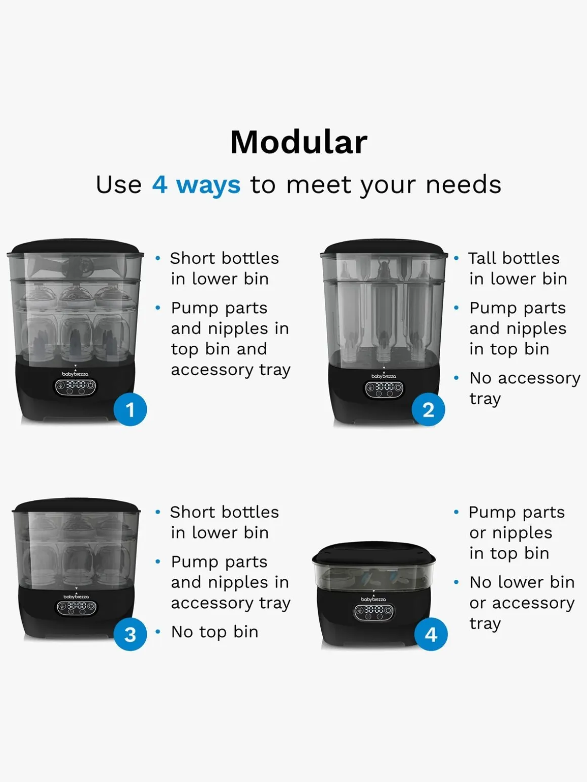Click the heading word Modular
point(299,142)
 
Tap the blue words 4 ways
point(196,185)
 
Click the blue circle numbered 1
point(130,409)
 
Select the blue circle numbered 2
point(428,409)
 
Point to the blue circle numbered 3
point(130,634)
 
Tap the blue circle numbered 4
point(431,634)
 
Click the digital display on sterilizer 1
point(75,387)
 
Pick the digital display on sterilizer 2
point(384,389)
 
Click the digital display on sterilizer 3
point(76,607)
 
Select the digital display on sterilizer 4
point(374,612)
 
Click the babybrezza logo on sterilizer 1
point(75,374)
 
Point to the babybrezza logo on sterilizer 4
point(373,600)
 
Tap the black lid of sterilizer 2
point(384,247)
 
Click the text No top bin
point(215,632)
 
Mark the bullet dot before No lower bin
point(456,582)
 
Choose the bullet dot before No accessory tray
point(456,378)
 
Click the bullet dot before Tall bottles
point(456,258)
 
